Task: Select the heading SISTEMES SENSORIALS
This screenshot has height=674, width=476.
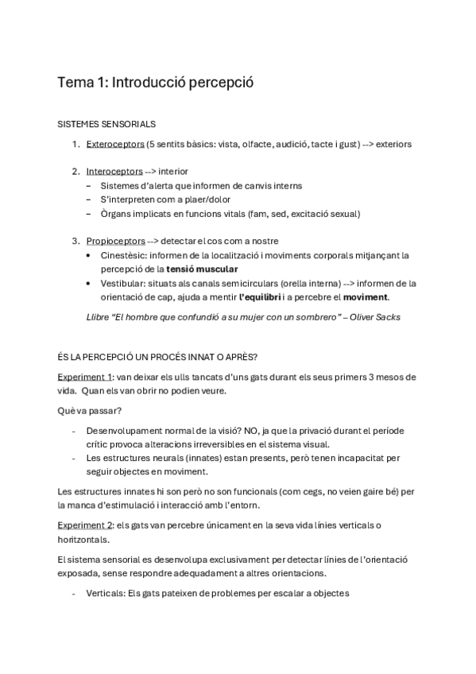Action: tap(107, 124)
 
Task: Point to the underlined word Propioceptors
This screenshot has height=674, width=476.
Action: tap(116, 240)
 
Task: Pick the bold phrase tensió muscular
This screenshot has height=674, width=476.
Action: tap(203, 269)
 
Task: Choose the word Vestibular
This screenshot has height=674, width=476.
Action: tap(124, 283)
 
